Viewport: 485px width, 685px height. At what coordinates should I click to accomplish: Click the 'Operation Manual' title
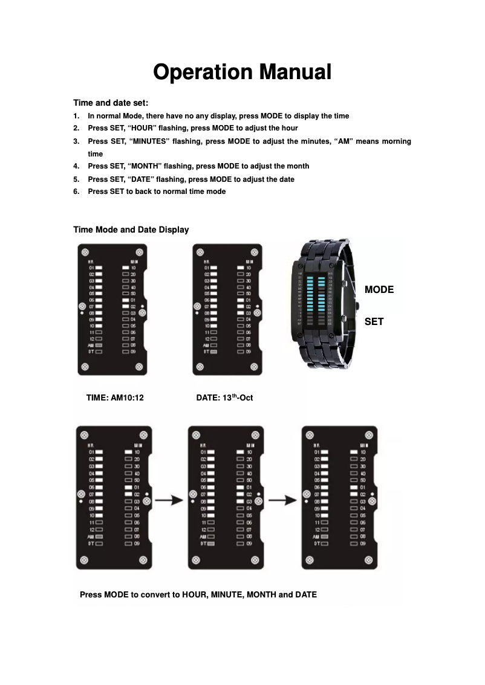[242, 72]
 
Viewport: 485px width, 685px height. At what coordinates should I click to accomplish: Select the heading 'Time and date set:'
[111, 103]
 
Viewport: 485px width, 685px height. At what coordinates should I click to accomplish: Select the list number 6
[76, 191]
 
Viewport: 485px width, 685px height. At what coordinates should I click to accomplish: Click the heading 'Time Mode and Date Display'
[131, 230]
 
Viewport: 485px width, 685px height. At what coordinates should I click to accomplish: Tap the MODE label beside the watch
[379, 290]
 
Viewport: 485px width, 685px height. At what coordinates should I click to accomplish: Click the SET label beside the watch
[374, 322]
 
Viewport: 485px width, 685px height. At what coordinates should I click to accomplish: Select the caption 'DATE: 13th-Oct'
[224, 398]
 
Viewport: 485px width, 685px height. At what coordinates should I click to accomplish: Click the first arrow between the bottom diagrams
[168, 501]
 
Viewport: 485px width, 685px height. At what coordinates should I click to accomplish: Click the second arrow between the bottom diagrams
[282, 501]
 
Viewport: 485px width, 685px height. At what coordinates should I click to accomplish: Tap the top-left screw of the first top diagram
[85, 251]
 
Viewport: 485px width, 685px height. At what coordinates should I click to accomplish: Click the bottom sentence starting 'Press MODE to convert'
[198, 594]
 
